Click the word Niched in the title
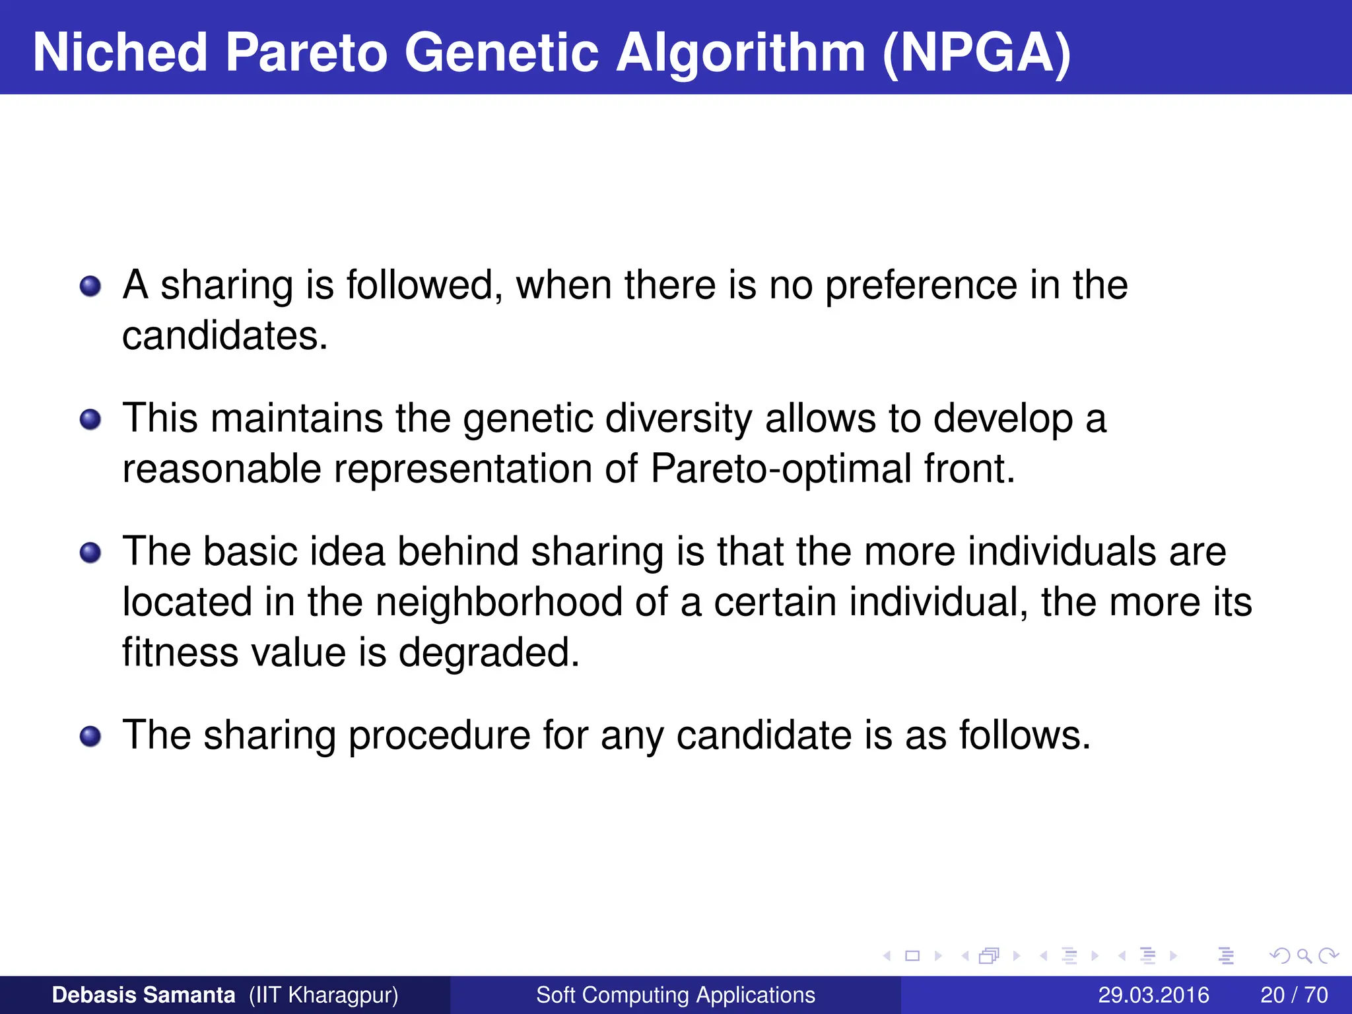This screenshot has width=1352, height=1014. [x=120, y=53]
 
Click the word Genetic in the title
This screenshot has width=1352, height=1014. [x=502, y=53]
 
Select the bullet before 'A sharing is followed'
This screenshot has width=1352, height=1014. [x=90, y=287]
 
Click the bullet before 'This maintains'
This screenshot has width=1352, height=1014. [x=90, y=420]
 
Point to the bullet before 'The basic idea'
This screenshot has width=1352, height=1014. [x=90, y=553]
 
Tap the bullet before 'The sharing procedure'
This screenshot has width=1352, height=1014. [x=90, y=736]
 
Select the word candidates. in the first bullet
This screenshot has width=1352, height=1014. [x=225, y=336]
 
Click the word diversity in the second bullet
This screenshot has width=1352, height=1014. [x=678, y=419]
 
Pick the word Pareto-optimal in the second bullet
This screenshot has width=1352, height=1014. [x=781, y=469]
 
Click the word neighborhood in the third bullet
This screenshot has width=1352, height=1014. [x=499, y=602]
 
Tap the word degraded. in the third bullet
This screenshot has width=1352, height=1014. [x=489, y=652]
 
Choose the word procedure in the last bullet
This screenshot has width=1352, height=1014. [x=439, y=735]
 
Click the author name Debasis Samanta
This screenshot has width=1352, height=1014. [x=143, y=995]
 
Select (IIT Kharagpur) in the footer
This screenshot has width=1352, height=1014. [x=323, y=995]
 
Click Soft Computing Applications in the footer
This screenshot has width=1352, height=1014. [x=675, y=995]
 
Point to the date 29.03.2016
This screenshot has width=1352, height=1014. [x=1153, y=995]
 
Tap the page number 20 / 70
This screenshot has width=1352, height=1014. [x=1294, y=995]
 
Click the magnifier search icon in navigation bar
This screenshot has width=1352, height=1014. [x=1304, y=955]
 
